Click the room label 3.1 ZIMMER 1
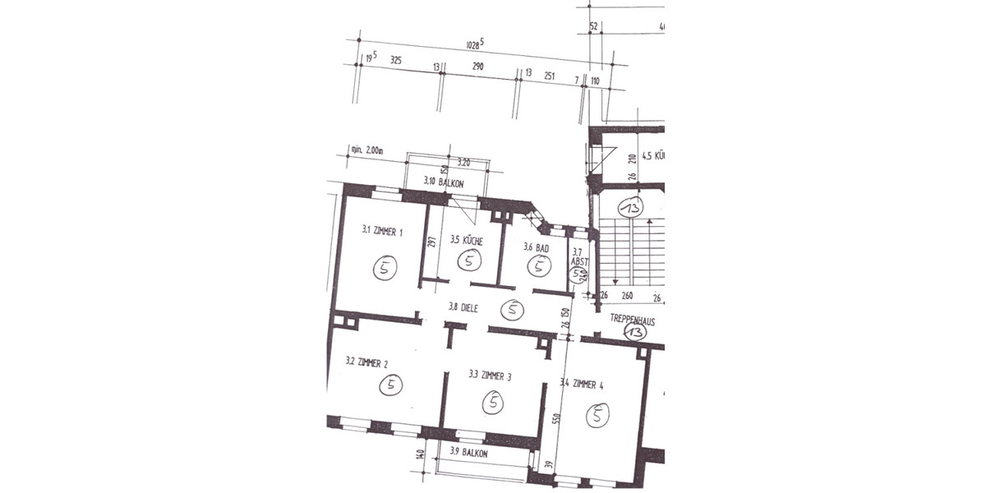pos(382,232)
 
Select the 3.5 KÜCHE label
pos(466,242)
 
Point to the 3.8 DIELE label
pos(463,307)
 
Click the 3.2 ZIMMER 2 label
pos(367,361)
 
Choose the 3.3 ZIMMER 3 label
pos(490,376)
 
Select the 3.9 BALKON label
pos(468,453)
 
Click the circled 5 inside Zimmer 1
pos(385,266)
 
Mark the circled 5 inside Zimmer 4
pos(597,417)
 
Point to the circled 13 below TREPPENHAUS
pos(634,332)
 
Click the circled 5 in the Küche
pos(469,261)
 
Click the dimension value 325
pos(395,61)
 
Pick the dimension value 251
pos(550,76)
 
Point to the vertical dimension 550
pos(556,417)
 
